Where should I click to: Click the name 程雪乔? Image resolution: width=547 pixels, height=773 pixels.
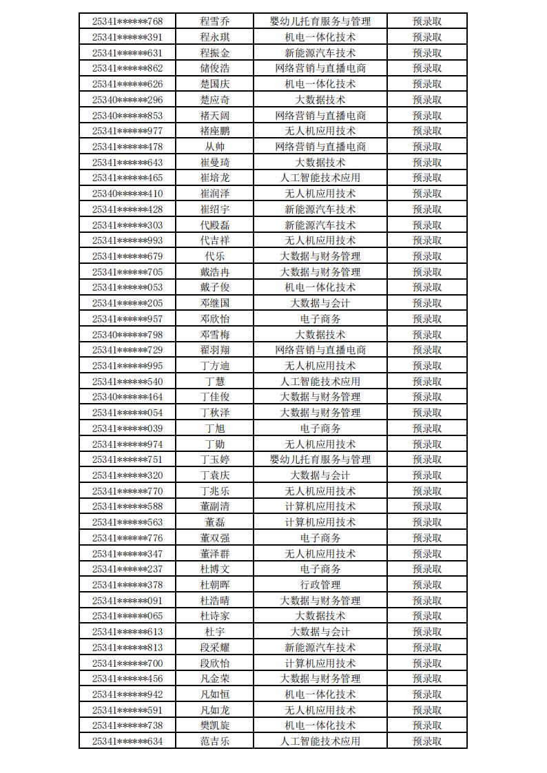tap(215, 21)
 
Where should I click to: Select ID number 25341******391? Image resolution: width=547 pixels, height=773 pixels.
tap(127, 37)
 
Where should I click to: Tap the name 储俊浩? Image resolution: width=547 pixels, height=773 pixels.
tap(215, 68)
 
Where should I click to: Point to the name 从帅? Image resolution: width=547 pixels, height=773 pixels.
tap(215, 147)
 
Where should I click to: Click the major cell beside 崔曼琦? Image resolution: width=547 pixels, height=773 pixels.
tap(320, 163)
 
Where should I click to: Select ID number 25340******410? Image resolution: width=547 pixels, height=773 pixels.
tap(127, 194)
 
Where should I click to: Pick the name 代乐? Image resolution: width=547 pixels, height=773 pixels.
tap(215, 256)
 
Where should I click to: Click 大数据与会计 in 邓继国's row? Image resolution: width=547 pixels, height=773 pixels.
tap(320, 303)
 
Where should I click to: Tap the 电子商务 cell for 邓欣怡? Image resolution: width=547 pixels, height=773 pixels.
tap(320, 319)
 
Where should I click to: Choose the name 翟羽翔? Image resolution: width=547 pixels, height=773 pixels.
tap(215, 350)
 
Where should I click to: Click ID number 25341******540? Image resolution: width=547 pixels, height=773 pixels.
tap(127, 382)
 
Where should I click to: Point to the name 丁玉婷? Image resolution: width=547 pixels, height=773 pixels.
tap(215, 460)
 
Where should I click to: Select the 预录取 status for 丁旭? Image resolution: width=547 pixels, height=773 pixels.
tap(427, 429)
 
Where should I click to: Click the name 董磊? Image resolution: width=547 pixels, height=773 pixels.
tap(215, 522)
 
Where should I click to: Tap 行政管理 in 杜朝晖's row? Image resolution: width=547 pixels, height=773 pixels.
tap(320, 585)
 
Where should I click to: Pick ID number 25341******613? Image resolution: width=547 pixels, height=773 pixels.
tap(127, 632)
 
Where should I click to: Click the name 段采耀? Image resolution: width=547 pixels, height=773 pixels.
tap(215, 648)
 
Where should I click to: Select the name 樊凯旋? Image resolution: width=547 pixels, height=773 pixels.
tap(215, 725)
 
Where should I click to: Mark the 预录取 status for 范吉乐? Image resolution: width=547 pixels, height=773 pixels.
tap(427, 741)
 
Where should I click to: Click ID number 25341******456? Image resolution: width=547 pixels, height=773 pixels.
tap(127, 679)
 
